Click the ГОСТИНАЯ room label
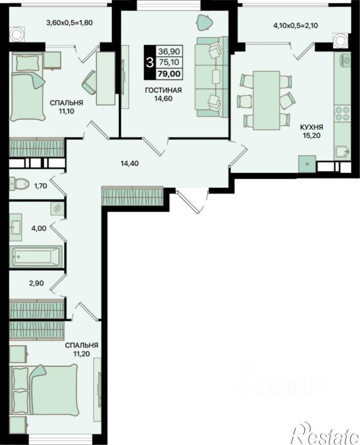163,90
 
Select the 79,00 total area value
169,74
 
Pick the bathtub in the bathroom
36,256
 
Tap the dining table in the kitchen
267,100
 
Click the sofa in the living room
212,76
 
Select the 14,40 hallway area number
130,164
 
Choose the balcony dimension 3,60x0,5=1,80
70,22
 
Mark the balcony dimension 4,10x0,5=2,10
295,26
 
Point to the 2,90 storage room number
37,283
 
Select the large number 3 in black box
149,62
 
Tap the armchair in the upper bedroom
90,82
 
